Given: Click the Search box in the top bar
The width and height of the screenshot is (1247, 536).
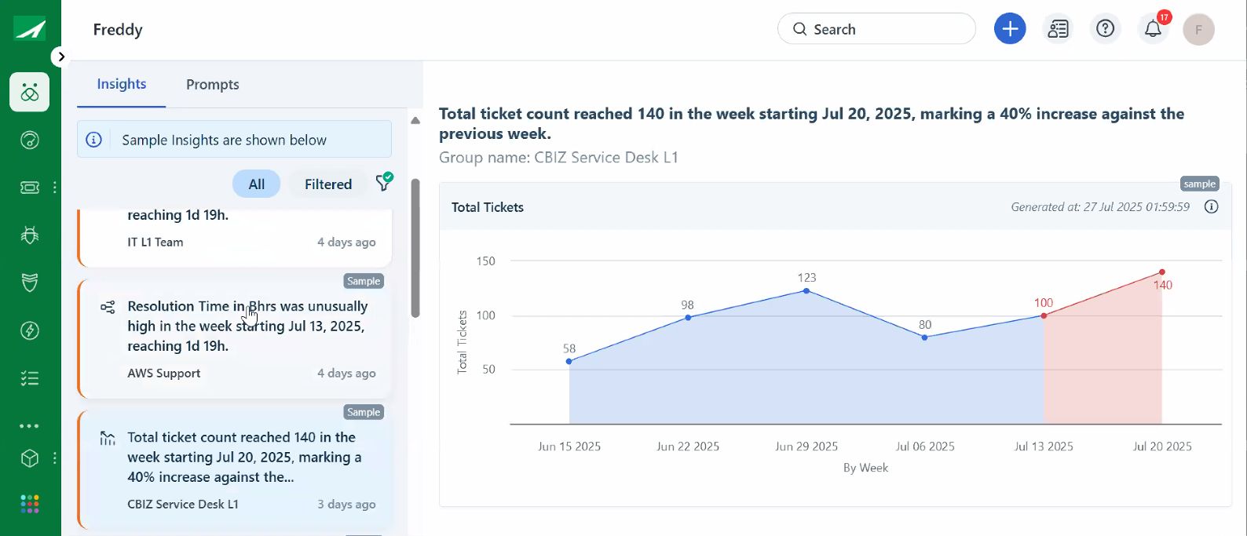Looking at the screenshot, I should coord(876,29).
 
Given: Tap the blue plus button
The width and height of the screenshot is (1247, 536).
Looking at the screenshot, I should coord(1010,29).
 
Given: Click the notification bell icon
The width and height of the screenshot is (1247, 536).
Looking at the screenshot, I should coord(1153,29).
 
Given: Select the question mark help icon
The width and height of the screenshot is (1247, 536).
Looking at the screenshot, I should coord(1105,29).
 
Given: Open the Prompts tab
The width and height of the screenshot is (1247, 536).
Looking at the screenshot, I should coord(213,85).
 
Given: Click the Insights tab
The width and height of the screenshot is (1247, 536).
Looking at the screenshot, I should coord(122,84).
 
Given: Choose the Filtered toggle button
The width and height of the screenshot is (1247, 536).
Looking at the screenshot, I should coord(328,184).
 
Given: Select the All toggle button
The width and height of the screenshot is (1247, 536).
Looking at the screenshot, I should coord(257,184).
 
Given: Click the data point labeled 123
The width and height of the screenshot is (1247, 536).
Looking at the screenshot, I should coord(806,291).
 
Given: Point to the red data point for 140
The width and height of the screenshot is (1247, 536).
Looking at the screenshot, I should coord(1162,272).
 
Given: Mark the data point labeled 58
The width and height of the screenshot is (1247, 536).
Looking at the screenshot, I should coord(569,361).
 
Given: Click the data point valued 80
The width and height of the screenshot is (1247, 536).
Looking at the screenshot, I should coord(925,337).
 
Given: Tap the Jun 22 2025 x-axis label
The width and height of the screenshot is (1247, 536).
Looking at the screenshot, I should coord(688,447).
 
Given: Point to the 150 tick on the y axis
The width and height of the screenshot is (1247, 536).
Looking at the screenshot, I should coord(486,261).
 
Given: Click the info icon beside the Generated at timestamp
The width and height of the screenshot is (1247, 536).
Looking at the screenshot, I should coord(1212,207).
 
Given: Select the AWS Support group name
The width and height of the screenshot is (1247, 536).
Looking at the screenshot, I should coord(164,374).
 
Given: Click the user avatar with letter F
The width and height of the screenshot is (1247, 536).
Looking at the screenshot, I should coord(1199,30).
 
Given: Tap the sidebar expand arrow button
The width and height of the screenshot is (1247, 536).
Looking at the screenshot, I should coord(60,57).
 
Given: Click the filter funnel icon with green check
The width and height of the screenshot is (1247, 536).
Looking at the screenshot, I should coord(384,183).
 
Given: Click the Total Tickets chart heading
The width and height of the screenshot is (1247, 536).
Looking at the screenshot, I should coord(488,207).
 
